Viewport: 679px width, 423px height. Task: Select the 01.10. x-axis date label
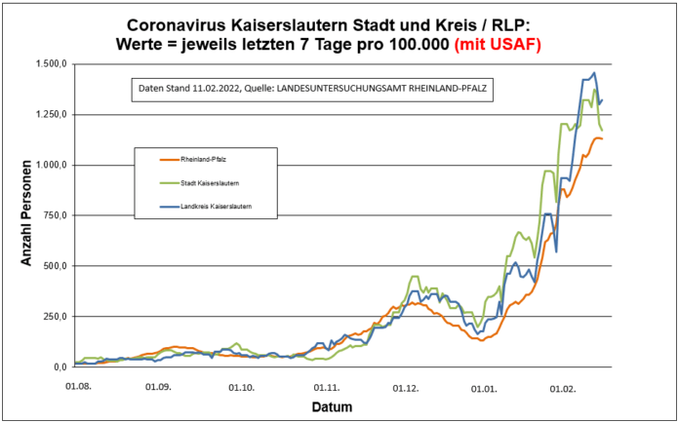tap(241, 386)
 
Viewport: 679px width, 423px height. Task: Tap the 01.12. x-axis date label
tap(407, 386)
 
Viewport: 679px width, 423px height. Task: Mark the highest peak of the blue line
tap(595, 73)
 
